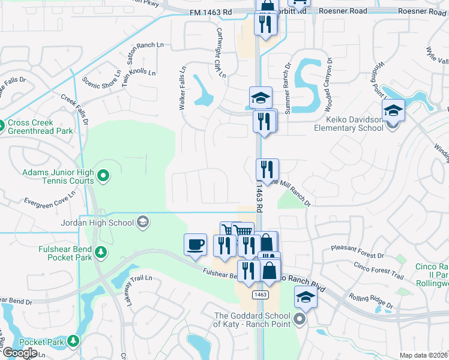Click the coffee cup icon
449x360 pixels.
195,244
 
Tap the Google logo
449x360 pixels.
20,353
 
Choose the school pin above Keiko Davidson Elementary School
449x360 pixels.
393,110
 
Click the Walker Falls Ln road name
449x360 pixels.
182,88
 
